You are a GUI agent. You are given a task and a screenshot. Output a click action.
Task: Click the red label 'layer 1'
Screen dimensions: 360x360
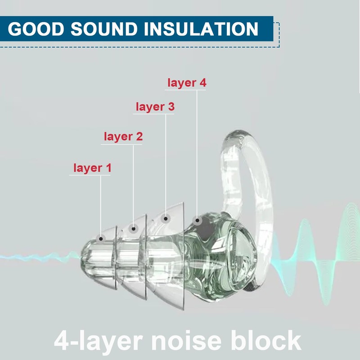[92, 168]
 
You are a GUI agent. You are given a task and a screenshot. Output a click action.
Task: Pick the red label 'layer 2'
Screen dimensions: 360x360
[123, 136]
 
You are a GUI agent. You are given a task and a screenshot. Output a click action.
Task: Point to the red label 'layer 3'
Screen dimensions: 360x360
[155, 107]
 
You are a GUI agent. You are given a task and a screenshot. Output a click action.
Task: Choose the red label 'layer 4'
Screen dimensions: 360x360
[187, 83]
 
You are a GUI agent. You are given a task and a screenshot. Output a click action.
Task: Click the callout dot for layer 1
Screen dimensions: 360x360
[101, 238]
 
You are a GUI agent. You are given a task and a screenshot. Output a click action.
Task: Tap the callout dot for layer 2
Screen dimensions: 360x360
[133, 229]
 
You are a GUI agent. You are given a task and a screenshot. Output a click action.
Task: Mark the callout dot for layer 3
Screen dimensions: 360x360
[166, 219]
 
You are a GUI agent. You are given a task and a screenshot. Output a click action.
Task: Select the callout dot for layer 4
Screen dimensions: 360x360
[197, 220]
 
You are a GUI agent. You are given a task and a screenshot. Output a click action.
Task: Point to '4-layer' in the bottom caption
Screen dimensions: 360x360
[99, 340]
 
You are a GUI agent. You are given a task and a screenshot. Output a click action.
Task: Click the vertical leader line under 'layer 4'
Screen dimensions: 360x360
[197, 153]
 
